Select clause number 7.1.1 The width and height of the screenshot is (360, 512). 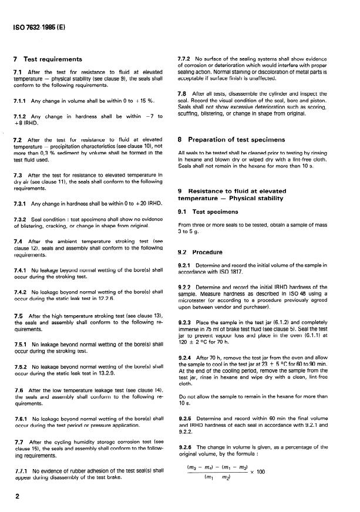click(21, 100)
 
